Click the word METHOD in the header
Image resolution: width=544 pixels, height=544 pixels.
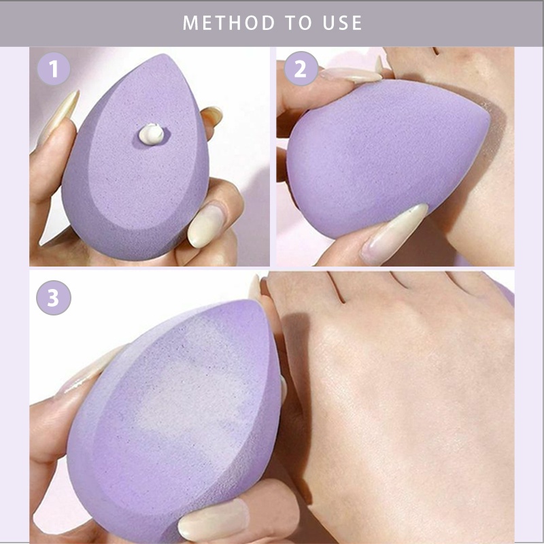228,23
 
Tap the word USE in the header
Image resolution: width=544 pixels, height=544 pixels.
343,23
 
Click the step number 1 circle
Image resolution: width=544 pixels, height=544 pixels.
54,69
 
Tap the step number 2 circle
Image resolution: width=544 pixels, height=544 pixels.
301,69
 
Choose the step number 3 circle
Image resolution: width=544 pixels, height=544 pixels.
54,298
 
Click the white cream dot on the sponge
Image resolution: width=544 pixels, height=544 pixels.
151,134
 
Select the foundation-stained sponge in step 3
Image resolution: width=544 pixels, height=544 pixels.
173,420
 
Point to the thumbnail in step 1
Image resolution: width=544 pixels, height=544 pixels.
207,225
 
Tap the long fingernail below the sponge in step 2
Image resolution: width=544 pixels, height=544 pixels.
394,233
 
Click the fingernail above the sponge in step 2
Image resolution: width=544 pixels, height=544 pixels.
350,75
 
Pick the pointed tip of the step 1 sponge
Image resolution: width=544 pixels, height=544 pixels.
162,55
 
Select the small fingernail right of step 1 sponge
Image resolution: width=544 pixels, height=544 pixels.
212,116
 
